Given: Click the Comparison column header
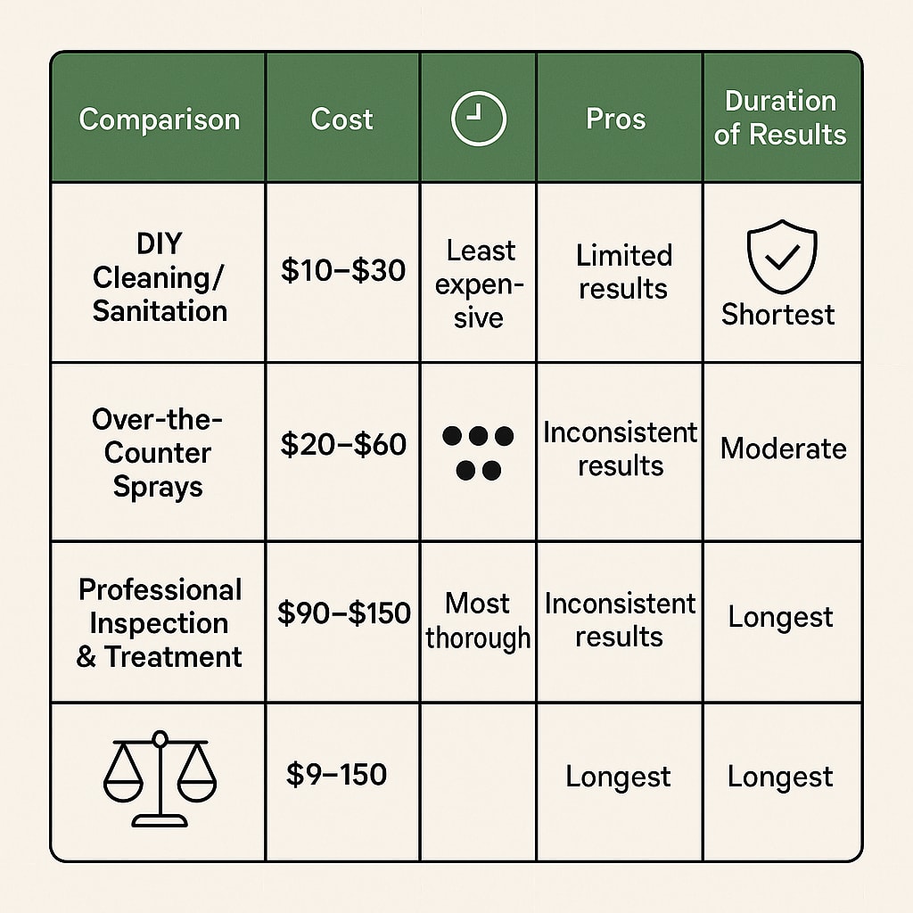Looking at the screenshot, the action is point(159,119).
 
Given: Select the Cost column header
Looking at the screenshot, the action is point(341,119).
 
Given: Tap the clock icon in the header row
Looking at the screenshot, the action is point(478,119).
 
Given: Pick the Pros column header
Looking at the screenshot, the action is point(615,119).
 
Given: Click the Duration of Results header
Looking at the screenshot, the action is point(780,118).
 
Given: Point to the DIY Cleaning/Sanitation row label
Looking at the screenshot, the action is point(160,276).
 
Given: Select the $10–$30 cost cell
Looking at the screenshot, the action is point(343,270).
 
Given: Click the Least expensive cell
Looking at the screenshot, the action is point(480,284).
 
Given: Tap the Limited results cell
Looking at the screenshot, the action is point(623,271).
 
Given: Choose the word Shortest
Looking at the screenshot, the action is point(778,314).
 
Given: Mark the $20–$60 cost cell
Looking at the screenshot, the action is point(343,444).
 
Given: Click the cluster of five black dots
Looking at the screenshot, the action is point(478,452).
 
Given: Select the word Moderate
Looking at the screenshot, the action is point(783,448).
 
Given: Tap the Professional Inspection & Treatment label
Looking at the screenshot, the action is point(160,622).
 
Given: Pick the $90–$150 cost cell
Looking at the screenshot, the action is point(343,613).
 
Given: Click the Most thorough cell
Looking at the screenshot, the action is point(478,621).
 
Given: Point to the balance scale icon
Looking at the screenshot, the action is point(160,777).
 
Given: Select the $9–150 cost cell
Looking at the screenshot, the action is point(336,774).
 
